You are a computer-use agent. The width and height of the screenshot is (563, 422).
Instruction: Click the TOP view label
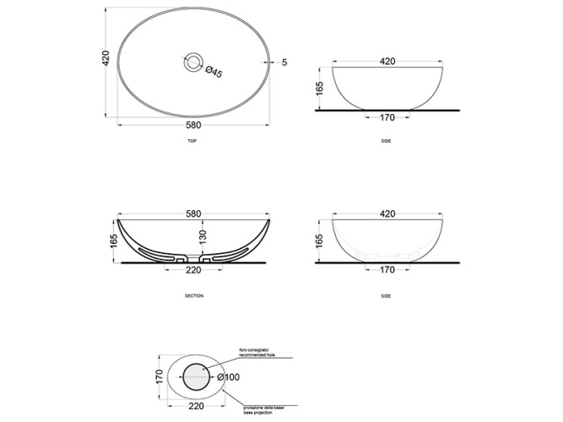coord(192,141)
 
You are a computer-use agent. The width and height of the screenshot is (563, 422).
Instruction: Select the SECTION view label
coord(194,296)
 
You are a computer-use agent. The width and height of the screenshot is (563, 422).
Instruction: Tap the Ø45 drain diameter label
coord(214,73)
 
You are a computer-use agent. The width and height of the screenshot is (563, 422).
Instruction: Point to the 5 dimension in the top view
coord(285,62)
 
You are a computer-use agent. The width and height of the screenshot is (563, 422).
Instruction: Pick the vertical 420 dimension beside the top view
coord(107,61)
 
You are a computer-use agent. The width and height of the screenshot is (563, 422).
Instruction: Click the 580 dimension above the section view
coord(195,213)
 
